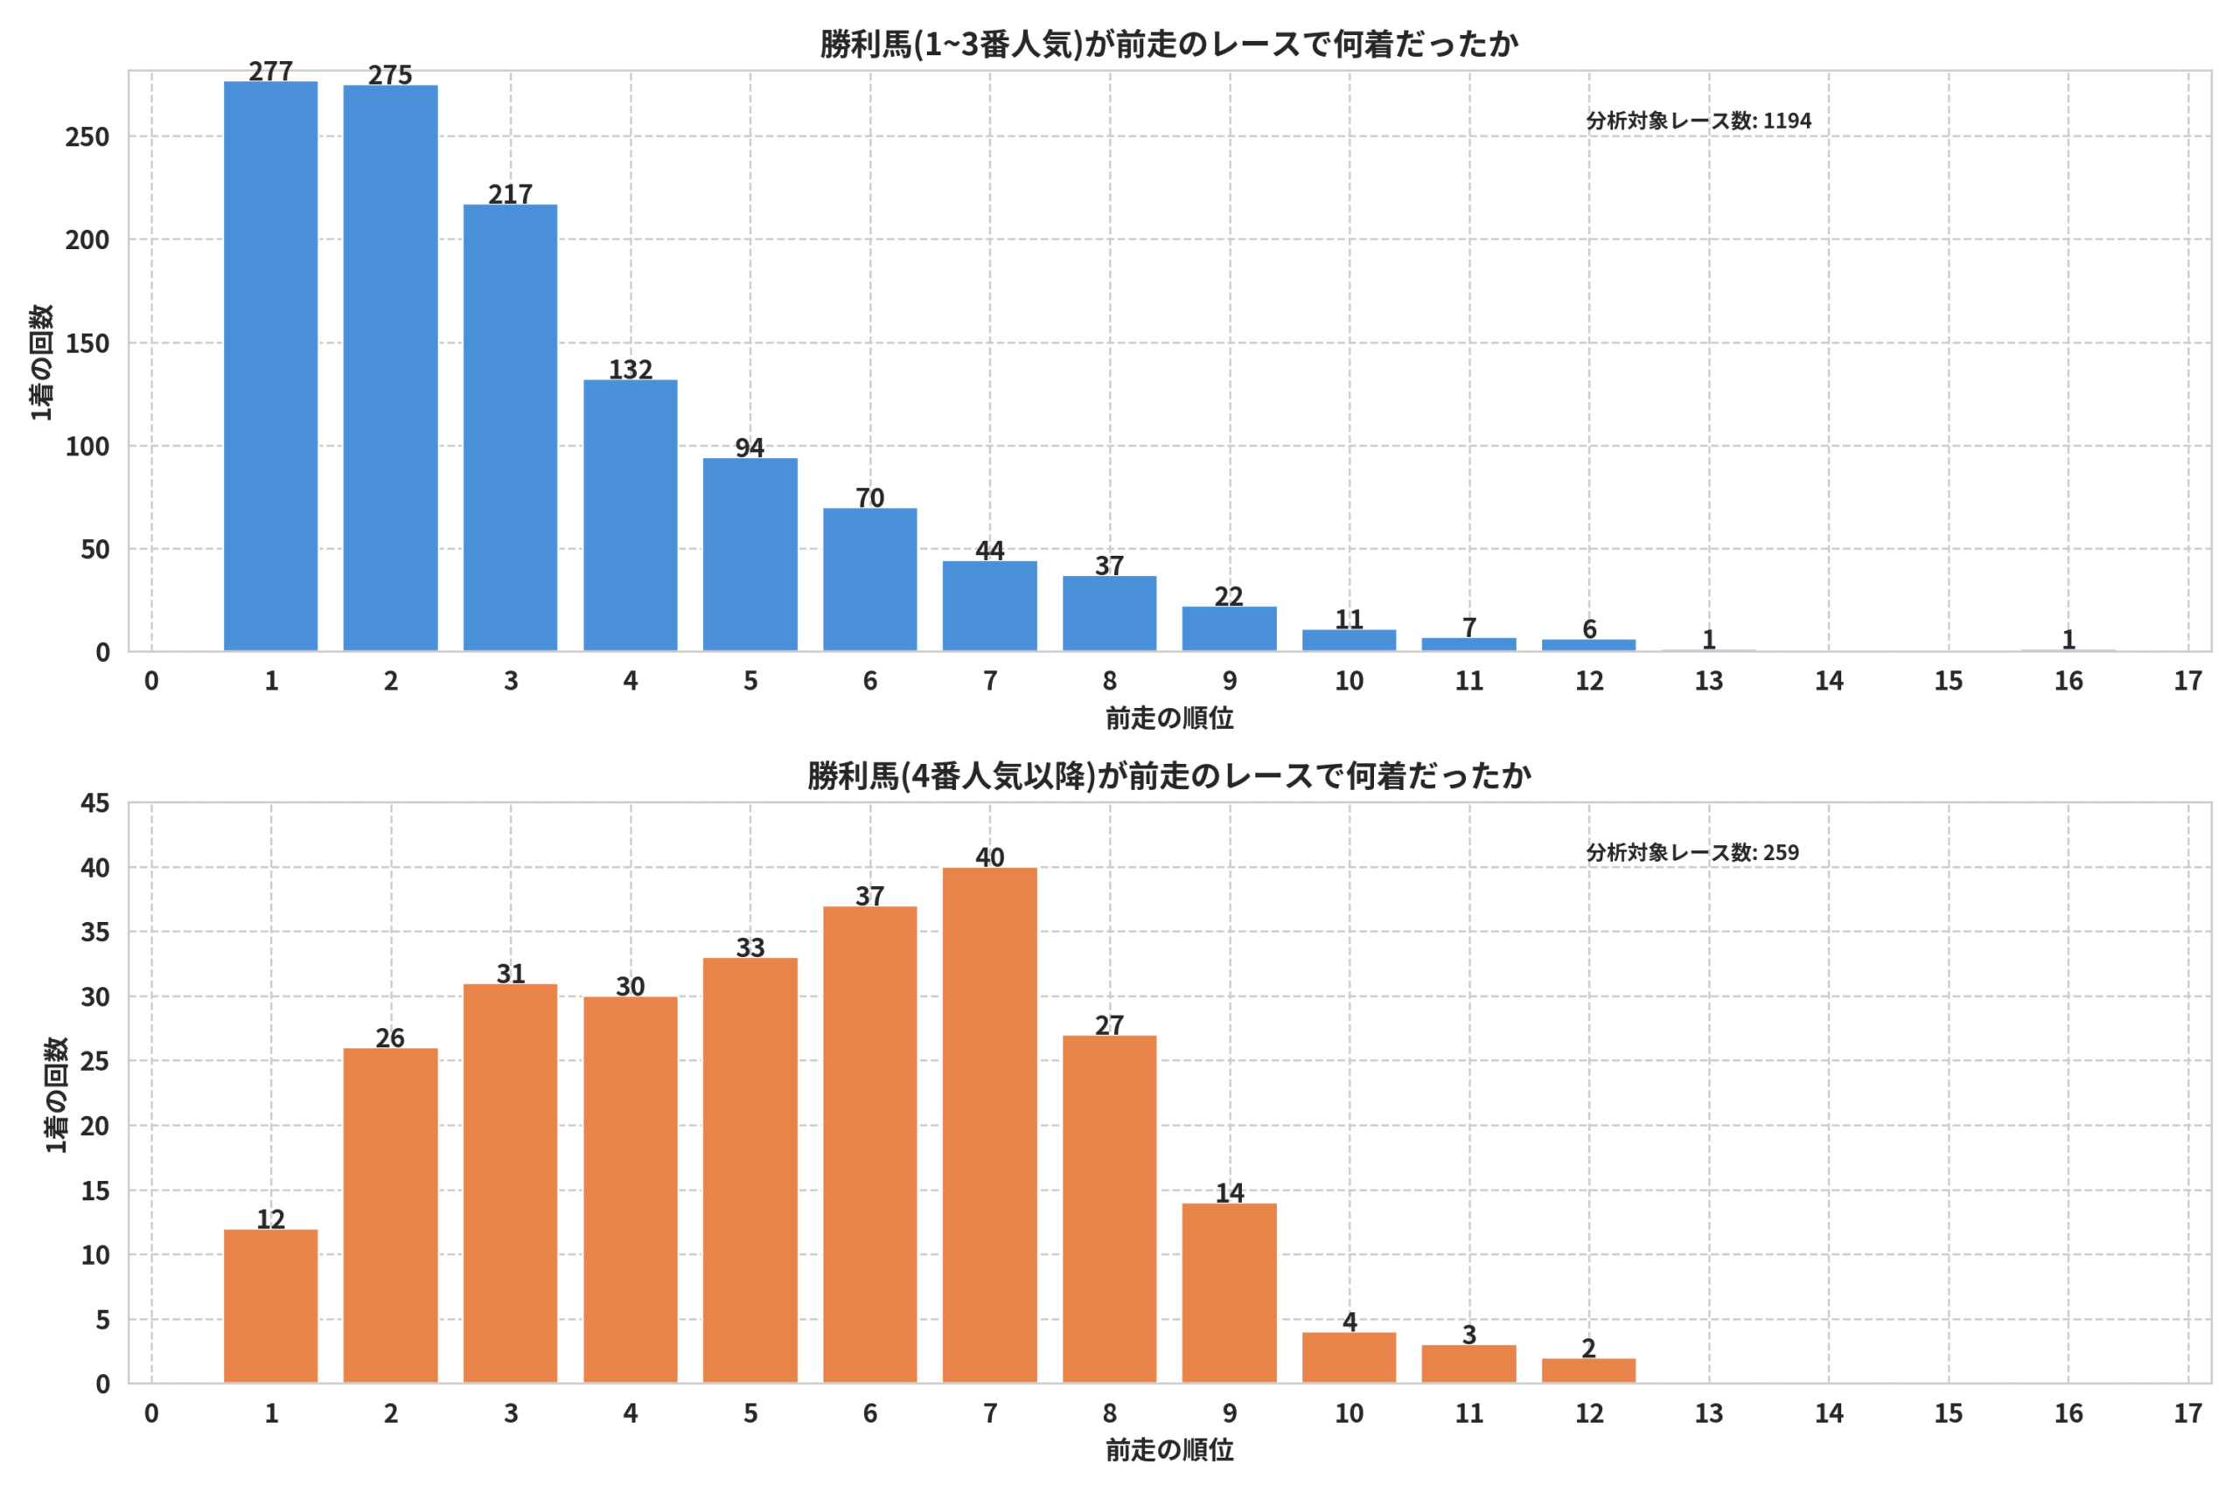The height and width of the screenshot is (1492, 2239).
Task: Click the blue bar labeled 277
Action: click(x=270, y=366)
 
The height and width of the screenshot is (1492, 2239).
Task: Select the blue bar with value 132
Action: click(x=631, y=516)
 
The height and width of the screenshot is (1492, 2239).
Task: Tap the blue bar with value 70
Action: click(x=870, y=579)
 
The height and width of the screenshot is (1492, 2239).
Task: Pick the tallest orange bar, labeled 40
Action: click(x=990, y=1125)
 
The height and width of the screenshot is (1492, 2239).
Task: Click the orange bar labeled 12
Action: click(x=270, y=1306)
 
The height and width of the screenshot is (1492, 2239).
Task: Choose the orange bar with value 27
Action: click(x=1109, y=1209)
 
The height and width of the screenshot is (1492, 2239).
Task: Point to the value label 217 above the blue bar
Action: click(x=510, y=194)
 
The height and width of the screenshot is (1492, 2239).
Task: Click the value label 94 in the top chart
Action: click(x=750, y=448)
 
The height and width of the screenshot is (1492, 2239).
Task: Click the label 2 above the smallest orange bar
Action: click(x=1589, y=1348)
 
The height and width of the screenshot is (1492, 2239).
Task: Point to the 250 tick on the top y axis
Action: click(x=87, y=137)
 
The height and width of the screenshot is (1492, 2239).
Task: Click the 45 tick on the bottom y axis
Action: click(x=95, y=803)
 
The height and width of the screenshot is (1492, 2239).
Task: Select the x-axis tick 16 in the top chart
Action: click(x=2068, y=680)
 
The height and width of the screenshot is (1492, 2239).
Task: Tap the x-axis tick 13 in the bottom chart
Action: click(x=1709, y=1413)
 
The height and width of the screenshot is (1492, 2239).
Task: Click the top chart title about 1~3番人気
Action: click(x=1169, y=44)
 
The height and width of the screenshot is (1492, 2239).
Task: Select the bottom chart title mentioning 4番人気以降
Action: click(x=1169, y=775)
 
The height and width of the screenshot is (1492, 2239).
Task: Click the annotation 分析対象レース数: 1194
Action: click(x=1698, y=121)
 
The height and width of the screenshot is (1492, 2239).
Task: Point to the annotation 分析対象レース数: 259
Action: click(x=1692, y=852)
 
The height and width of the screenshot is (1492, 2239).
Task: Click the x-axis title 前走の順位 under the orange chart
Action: click(x=1169, y=1450)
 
